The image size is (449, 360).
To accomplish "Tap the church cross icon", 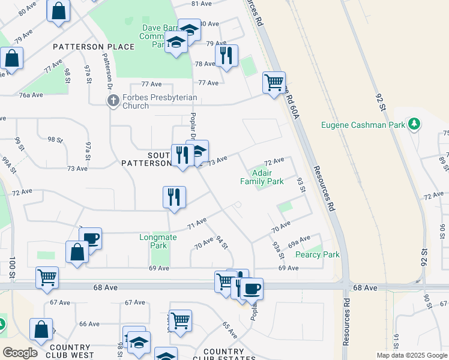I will (113, 101).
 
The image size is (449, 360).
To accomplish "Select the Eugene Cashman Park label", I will (364, 125).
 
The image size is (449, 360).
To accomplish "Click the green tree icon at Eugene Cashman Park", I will (414, 124).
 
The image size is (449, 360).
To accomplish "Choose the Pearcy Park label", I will (318, 254).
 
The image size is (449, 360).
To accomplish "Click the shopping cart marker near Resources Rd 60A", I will (274, 82).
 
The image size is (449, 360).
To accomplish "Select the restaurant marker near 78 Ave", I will (226, 56).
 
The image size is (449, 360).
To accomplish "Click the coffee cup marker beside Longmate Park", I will (90, 239).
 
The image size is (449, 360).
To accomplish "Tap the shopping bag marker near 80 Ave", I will (59, 10).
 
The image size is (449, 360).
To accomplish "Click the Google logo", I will (20, 353).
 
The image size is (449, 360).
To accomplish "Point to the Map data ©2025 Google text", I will (412, 355).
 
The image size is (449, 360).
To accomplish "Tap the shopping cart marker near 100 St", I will (47, 277).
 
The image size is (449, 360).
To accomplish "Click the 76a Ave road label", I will (31, 95).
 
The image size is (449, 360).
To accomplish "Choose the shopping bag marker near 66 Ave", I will (41, 329).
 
